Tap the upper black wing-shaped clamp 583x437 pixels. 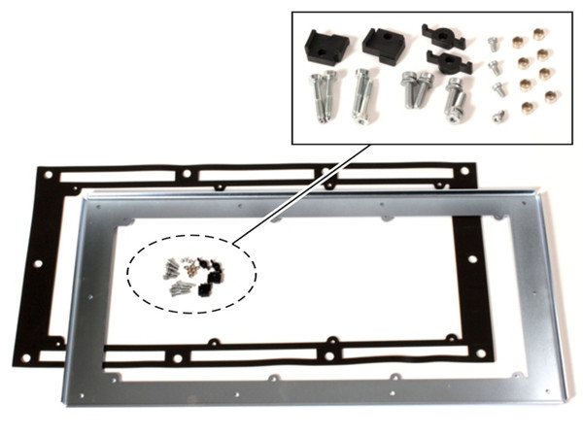[x=438, y=38]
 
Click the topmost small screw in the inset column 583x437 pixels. [x=493, y=44]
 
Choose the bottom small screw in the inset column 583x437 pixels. [x=498, y=116]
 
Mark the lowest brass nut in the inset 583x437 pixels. [x=549, y=97]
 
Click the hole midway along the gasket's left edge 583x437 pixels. [x=35, y=263]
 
